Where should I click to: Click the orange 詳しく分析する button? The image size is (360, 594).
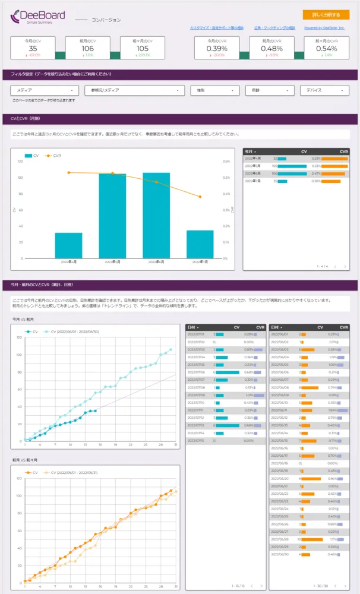pos(326,15)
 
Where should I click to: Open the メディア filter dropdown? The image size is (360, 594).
pos(45,90)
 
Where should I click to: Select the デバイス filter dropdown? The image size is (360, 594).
pos(324,90)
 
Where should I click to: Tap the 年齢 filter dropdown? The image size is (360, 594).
pos(269,90)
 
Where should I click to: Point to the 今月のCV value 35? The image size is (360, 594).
pos(33,49)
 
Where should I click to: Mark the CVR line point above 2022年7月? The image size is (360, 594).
pos(200,197)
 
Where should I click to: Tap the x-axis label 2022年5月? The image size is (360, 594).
pos(112,261)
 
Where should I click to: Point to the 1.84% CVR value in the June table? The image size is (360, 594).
pos(333,410)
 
